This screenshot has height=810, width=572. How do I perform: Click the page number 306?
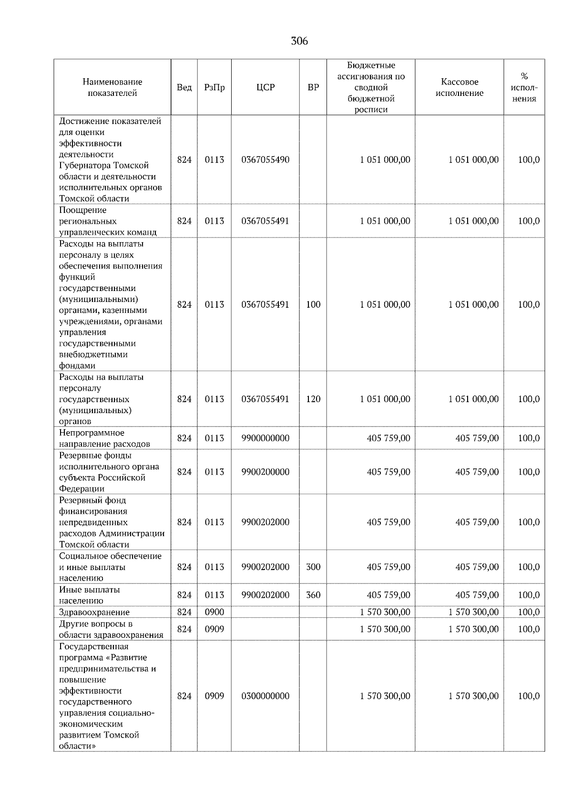(x=299, y=42)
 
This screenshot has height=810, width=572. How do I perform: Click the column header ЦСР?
(x=266, y=87)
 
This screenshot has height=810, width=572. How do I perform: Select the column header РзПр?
(x=214, y=87)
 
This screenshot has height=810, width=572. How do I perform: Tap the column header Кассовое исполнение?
(x=459, y=87)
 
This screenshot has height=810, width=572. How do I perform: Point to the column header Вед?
(x=184, y=87)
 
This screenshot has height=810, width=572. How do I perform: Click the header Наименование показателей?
(x=112, y=87)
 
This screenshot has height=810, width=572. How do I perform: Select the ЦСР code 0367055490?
(x=266, y=160)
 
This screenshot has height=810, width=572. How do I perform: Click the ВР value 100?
(x=313, y=304)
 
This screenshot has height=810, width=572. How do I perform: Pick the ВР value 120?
(x=313, y=399)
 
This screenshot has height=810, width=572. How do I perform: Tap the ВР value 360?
(x=313, y=595)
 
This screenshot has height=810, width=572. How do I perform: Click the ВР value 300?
(x=313, y=567)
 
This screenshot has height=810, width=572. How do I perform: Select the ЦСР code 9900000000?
(x=266, y=438)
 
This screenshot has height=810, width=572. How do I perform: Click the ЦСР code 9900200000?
(x=266, y=472)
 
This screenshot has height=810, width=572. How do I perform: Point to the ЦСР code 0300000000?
(x=266, y=696)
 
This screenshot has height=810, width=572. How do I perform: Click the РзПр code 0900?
(x=214, y=612)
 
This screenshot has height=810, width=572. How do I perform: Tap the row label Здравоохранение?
(x=94, y=612)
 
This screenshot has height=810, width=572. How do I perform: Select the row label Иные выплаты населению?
(x=90, y=595)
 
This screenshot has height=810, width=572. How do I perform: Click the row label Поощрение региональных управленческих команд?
(x=108, y=221)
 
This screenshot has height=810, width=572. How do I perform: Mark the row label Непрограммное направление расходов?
(x=104, y=438)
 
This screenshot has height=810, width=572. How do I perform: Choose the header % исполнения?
(x=524, y=87)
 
